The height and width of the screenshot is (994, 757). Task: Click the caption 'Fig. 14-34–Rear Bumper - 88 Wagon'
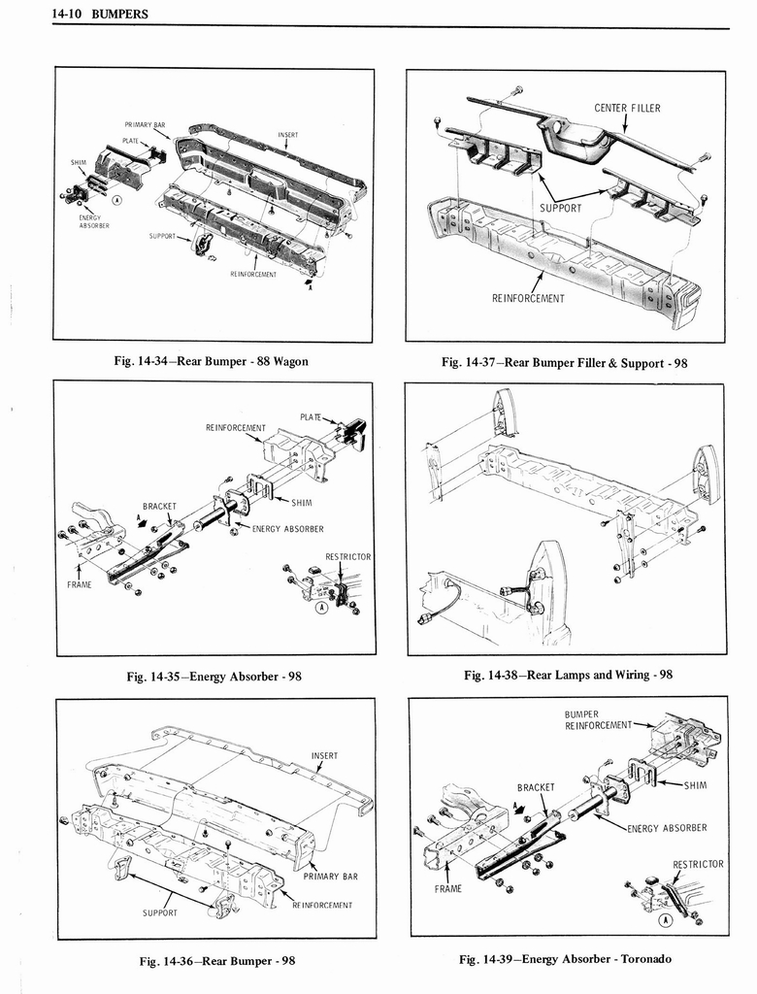pyautogui.click(x=211, y=362)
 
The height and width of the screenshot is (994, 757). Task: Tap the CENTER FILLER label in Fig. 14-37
pyautogui.click(x=627, y=108)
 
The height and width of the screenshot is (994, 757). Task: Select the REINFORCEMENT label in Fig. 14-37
pyautogui.click(x=527, y=298)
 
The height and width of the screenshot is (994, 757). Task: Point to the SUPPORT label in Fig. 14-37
pyautogui.click(x=561, y=208)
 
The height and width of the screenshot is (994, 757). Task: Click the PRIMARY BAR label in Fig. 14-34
pyautogui.click(x=145, y=125)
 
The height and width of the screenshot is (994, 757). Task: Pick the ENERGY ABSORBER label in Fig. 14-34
pyautogui.click(x=94, y=221)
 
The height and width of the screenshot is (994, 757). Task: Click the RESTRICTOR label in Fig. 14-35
pyautogui.click(x=347, y=556)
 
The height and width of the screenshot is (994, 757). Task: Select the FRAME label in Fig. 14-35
pyautogui.click(x=79, y=585)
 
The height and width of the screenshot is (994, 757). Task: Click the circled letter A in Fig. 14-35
pyautogui.click(x=320, y=608)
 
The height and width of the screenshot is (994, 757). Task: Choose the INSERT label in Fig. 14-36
pyautogui.click(x=324, y=755)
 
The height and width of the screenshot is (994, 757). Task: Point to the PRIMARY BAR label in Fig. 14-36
pyautogui.click(x=330, y=876)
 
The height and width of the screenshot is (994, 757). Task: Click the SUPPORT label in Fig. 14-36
pyautogui.click(x=160, y=912)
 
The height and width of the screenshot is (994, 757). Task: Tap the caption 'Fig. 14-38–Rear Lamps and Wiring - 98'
pyautogui.click(x=568, y=675)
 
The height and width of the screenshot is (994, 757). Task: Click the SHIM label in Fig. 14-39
pyautogui.click(x=696, y=785)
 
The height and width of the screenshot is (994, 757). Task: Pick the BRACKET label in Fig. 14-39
pyautogui.click(x=535, y=787)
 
